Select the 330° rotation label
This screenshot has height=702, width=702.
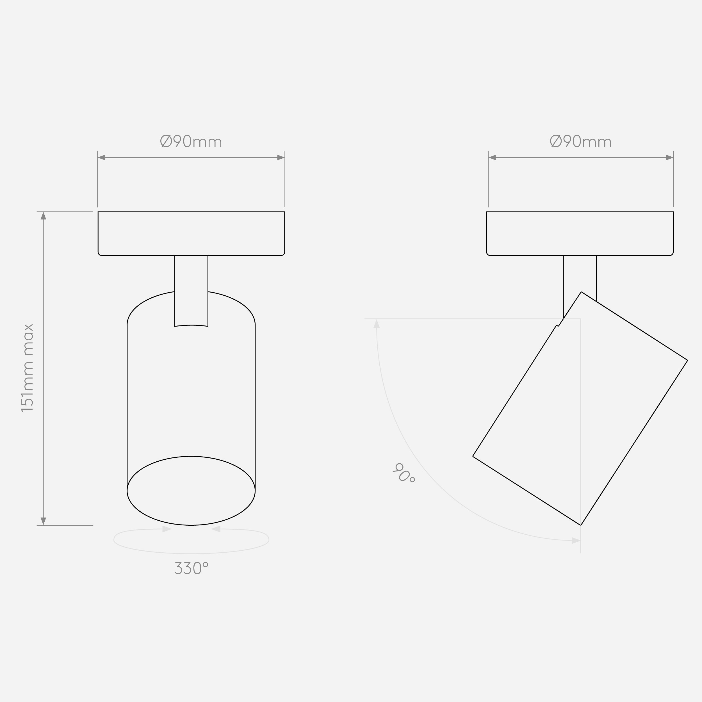coord(192,568)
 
